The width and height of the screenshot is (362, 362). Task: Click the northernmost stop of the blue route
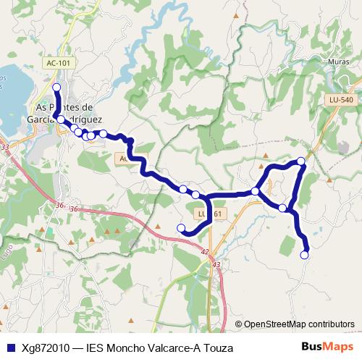56,87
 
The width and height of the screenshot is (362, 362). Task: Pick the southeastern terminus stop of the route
305,254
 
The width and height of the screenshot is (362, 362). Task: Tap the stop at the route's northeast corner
301,161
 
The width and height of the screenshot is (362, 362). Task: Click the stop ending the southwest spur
181,229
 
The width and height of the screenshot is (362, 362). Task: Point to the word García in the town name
49,119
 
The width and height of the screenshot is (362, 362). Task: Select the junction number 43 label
217,265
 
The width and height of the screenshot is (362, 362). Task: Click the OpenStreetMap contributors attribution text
299,324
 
